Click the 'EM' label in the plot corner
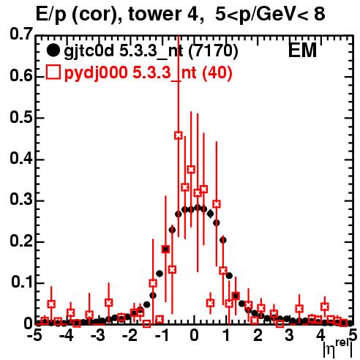302,50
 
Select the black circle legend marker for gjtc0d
53,50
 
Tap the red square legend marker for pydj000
53,72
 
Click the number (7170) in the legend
213,51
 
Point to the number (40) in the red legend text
217,72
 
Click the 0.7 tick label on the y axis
21,34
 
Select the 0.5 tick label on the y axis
21,117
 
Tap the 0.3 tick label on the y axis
21,200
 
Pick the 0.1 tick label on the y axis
22,282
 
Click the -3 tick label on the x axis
98,335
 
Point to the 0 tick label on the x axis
194,335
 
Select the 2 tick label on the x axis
258,335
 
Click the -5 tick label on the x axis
34,335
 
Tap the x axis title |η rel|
337,349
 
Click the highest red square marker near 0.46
179,135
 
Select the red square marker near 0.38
191,169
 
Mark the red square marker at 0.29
217,204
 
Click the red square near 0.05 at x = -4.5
51,304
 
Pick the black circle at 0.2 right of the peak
223,240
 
